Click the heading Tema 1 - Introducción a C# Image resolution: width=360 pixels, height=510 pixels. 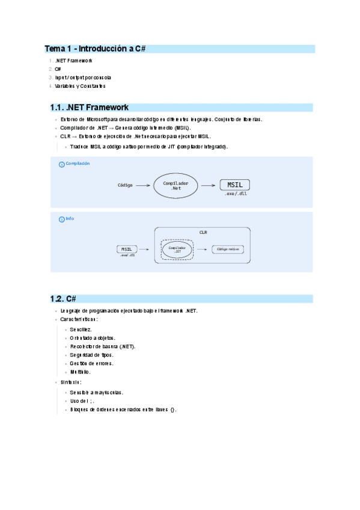pyautogui.click(x=96, y=48)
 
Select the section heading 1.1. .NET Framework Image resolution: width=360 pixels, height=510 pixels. pyautogui.click(x=90, y=108)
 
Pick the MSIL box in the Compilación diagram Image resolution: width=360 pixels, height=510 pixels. pyautogui.click(x=235, y=185)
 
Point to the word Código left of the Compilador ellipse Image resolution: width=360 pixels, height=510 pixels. pyautogui.click(x=125, y=185)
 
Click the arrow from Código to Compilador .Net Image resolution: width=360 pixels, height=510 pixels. pyautogui.click(x=143, y=186)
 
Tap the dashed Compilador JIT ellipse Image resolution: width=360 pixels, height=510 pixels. pyautogui.click(x=177, y=248)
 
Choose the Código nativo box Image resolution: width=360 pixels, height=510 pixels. pyautogui.click(x=228, y=248)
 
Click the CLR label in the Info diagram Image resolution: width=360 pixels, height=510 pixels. pyautogui.click(x=203, y=232)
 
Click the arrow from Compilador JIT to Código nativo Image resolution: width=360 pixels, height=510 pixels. pyautogui.click(x=202, y=248)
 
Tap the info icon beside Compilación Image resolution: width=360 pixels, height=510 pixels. pyautogui.click(x=61, y=164)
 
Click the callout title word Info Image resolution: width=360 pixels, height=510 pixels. pyautogui.click(x=70, y=218)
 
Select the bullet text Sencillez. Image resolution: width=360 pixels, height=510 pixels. pyautogui.click(x=81, y=330)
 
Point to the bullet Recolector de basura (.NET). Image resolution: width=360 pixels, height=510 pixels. pyautogui.click(x=102, y=346)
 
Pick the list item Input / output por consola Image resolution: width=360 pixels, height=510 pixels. pyautogui.click(x=83, y=78)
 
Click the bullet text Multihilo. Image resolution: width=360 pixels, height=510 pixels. pyautogui.click(x=80, y=372)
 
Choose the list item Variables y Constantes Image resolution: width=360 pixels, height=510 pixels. pyautogui.click(x=80, y=86)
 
